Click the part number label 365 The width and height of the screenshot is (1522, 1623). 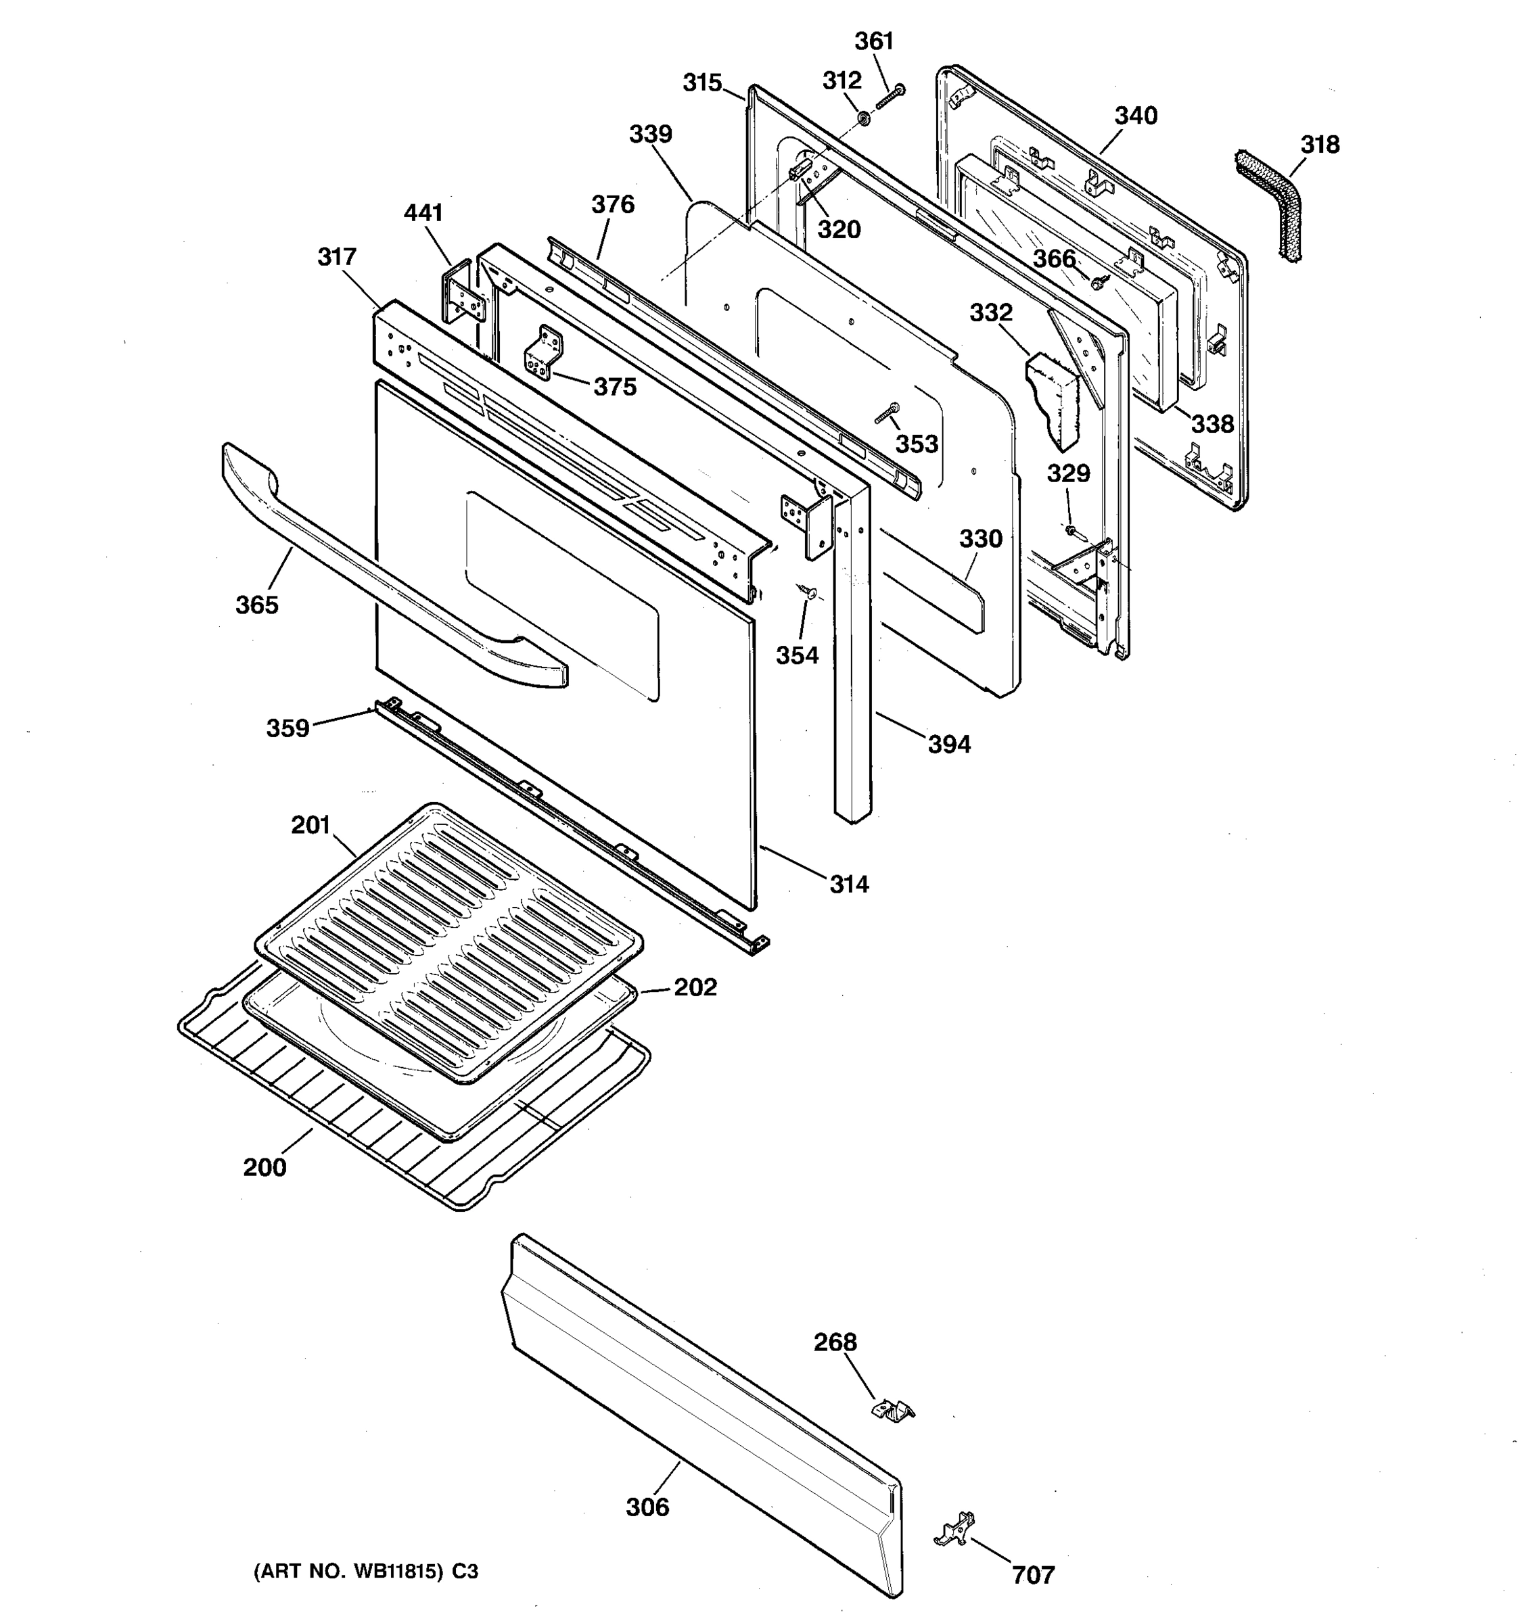point(256,605)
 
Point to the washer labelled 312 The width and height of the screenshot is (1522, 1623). point(863,120)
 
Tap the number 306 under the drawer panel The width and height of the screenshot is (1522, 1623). point(647,1507)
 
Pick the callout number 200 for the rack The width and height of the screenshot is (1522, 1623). point(264,1167)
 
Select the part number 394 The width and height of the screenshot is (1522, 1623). point(949,744)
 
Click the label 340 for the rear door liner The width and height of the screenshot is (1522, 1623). point(1136,116)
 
